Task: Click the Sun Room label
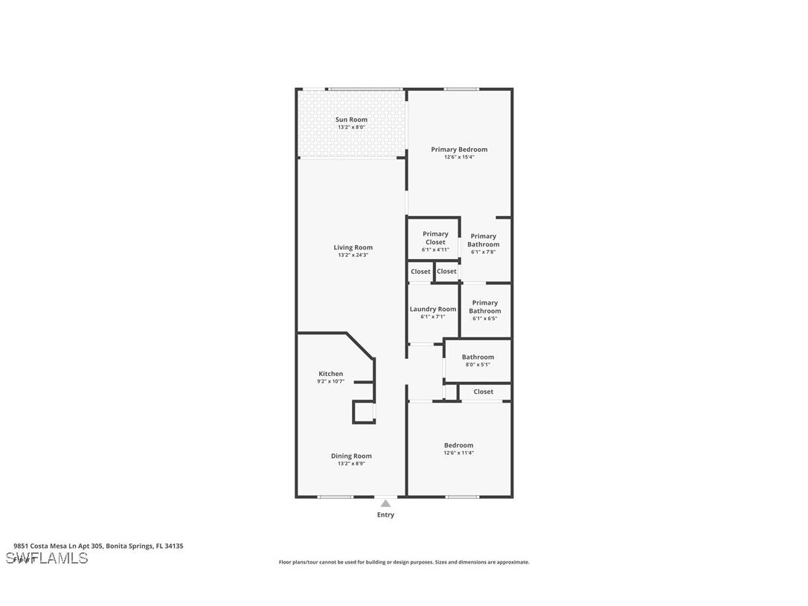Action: (351, 120)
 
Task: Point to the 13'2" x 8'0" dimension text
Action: (351, 127)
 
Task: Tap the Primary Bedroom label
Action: (459, 150)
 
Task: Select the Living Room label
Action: (353, 247)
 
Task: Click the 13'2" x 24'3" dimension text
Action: (353, 255)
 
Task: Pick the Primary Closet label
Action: (435, 237)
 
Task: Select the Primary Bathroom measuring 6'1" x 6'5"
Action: (484, 307)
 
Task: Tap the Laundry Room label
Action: (433, 309)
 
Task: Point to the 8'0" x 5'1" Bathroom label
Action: (478, 357)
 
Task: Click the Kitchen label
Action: (331, 374)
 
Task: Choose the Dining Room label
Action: (351, 456)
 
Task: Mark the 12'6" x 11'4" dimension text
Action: (458, 453)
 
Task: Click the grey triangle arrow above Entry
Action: (385, 504)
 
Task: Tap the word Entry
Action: (385, 514)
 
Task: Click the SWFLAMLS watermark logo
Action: (46, 558)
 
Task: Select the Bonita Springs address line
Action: (98, 546)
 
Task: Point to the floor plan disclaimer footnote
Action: (404, 562)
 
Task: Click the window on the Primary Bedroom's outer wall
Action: (461, 89)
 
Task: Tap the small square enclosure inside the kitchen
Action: (364, 412)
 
